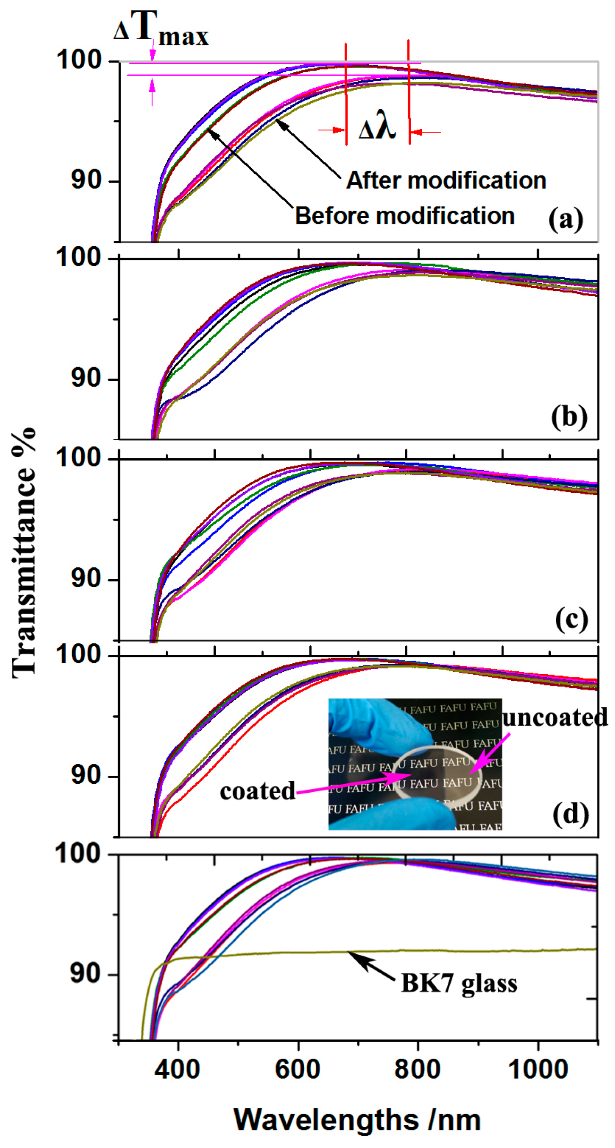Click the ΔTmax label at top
(x=161, y=29)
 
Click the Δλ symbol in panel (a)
(x=376, y=128)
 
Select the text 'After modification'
(x=446, y=180)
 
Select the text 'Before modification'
(x=404, y=216)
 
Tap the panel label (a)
(x=565, y=219)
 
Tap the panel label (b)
(x=569, y=417)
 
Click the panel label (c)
(x=571, y=618)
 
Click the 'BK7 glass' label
(x=459, y=984)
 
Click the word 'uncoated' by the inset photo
(x=555, y=717)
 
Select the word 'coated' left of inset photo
(x=257, y=791)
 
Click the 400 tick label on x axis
(x=178, y=1069)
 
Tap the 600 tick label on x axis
(x=298, y=1069)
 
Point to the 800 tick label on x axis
(x=418, y=1069)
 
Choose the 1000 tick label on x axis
(x=538, y=1069)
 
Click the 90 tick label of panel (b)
(x=86, y=378)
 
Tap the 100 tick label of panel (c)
(x=78, y=457)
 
